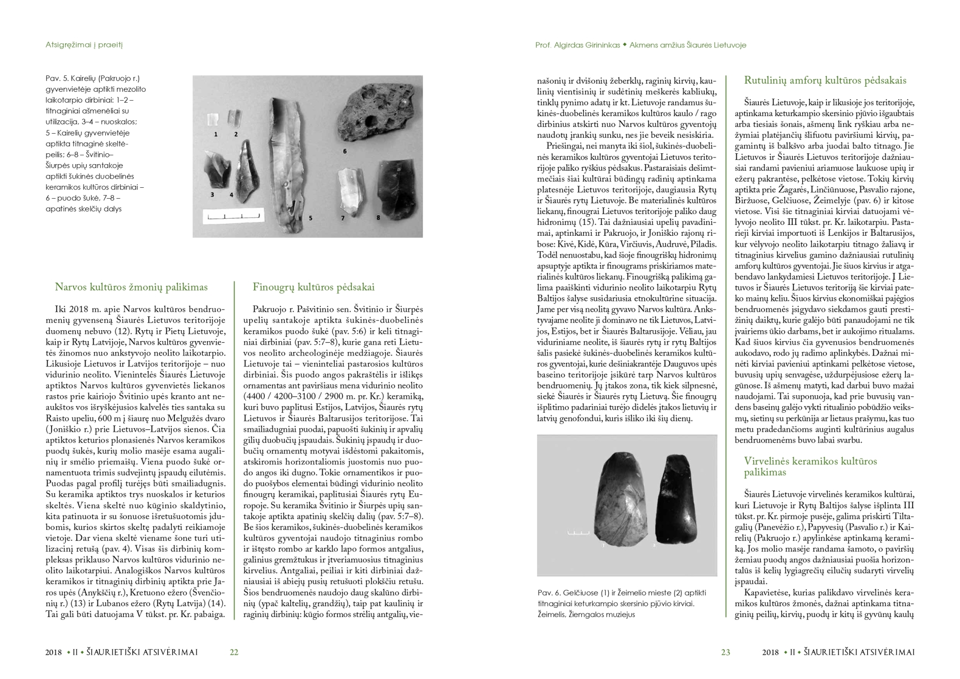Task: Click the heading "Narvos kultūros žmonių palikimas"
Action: click(x=131, y=287)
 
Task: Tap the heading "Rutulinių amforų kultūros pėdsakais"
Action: click(x=825, y=80)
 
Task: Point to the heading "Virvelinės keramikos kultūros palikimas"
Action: click(x=810, y=466)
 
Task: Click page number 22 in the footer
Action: click(x=234, y=652)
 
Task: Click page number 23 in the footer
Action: click(x=725, y=652)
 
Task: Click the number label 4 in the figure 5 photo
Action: click(x=231, y=195)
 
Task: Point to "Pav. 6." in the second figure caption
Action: click(x=549, y=593)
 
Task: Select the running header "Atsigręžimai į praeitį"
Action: click(x=84, y=45)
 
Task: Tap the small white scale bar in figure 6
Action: click(x=578, y=532)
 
